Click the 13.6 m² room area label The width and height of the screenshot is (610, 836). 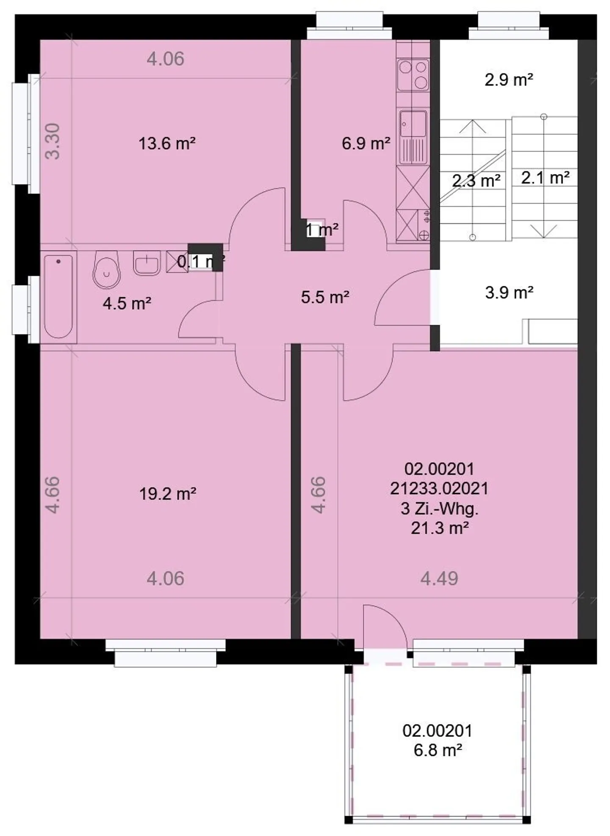pos(167,144)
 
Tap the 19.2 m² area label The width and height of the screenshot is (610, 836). pos(167,494)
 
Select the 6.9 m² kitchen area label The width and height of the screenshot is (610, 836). pos(366,144)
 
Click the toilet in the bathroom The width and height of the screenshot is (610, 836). pos(106,269)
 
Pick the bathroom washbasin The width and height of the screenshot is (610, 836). pos(147,263)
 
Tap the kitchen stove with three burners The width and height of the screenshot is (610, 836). pos(413,75)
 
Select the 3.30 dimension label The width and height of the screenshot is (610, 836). pos(53,141)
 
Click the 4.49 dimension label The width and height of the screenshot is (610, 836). pos(439,579)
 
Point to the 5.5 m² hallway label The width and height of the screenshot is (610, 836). pos(325,297)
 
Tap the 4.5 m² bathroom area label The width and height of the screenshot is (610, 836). pos(127,304)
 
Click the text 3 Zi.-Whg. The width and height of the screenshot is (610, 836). pos(439,509)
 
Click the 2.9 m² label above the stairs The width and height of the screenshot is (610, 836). pos(508,80)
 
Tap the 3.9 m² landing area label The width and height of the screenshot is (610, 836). pos(509,293)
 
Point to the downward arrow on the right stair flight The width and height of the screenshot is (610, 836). pos(544,231)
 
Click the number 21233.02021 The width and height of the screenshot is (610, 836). pos(439,489)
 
